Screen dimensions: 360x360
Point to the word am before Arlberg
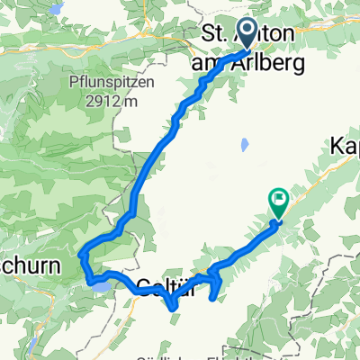pyautogui.click(x=206, y=63)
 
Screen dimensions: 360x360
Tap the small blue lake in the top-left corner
pyautogui.click(x=55, y=8)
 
